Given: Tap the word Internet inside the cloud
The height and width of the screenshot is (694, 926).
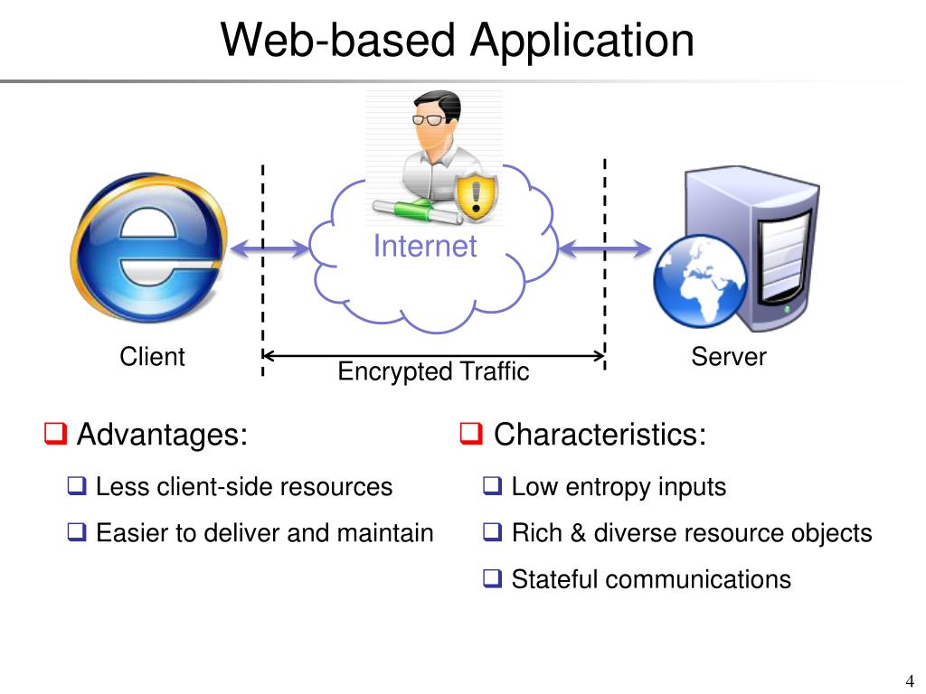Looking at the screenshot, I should click(x=424, y=246).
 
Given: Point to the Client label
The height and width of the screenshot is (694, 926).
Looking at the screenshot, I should click(x=152, y=357).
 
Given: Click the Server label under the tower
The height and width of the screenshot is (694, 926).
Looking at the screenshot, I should click(x=728, y=357).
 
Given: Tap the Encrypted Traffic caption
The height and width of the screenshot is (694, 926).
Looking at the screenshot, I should click(x=432, y=371).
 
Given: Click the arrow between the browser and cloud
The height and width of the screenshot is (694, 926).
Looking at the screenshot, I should click(x=269, y=249).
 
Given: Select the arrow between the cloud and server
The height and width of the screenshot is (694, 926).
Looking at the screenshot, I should click(x=605, y=249).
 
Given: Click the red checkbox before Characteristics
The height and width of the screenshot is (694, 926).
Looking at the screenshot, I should click(x=471, y=435).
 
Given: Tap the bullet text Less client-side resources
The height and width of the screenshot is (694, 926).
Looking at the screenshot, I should click(x=243, y=487).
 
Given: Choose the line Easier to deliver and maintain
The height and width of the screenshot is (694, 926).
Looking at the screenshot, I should click(x=264, y=533).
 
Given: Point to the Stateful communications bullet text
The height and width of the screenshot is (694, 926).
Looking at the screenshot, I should click(x=650, y=579).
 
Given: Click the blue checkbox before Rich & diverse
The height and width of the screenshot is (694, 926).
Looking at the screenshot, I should click(x=492, y=533).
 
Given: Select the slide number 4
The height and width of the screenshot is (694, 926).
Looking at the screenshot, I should click(x=909, y=680).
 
